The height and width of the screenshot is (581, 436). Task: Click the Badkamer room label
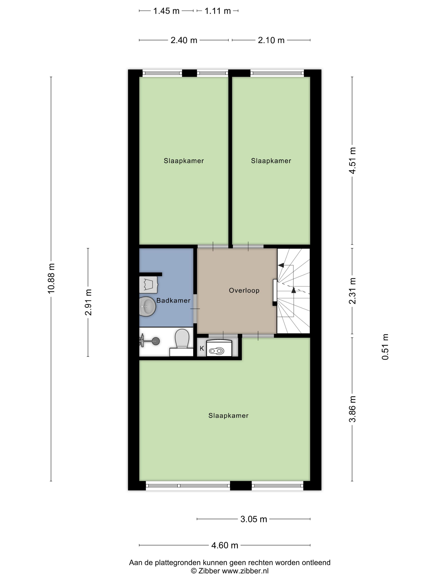point(173,300)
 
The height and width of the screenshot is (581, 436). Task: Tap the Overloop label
point(244,290)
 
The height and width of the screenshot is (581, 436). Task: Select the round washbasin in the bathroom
point(147,306)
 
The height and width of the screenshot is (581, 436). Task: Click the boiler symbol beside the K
point(219,348)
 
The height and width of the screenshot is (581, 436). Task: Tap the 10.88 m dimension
point(51,278)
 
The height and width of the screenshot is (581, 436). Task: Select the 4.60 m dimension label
point(225,545)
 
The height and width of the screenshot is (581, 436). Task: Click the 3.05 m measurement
point(254,519)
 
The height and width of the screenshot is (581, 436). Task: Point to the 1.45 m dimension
point(166,11)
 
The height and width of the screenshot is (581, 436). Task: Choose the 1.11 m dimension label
point(217,11)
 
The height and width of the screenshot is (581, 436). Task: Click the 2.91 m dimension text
point(88,302)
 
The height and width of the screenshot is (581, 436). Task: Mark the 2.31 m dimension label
point(352,291)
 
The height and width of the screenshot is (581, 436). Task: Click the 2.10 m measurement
point(271,40)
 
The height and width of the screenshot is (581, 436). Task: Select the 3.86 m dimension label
point(352,409)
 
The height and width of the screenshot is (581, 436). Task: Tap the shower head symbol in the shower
point(155,341)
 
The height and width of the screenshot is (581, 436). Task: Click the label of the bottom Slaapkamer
point(228,416)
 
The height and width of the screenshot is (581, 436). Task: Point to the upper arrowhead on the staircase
point(281,265)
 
